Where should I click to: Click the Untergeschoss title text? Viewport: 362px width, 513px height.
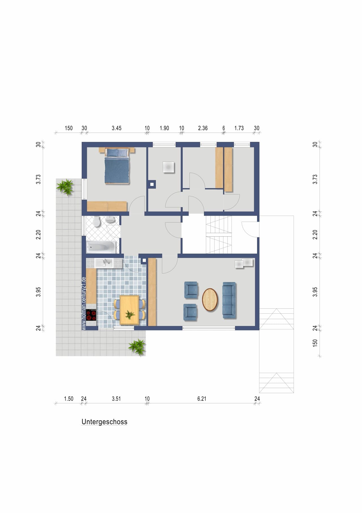(104, 422)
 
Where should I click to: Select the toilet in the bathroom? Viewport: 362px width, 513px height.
(97, 222)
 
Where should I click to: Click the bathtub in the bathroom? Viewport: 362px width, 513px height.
(101, 247)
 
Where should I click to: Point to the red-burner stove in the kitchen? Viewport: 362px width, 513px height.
(91, 314)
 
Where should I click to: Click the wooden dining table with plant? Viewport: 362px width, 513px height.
(129, 310)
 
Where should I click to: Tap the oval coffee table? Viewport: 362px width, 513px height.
(210, 300)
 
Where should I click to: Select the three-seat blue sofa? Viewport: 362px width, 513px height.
(229, 300)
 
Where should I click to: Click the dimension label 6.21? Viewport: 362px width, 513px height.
(202, 399)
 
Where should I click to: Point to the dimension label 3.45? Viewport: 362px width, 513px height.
(117, 128)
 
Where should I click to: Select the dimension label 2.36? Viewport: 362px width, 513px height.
(203, 128)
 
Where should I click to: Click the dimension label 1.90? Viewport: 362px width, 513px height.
(164, 128)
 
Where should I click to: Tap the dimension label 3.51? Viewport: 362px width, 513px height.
(116, 399)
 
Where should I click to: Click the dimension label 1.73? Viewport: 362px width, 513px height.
(239, 128)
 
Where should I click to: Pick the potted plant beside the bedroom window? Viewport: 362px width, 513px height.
(65, 187)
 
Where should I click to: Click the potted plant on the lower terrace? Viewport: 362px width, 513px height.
(137, 347)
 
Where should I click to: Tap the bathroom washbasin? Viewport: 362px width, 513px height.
(110, 220)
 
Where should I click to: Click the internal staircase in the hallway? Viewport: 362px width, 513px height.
(219, 234)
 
